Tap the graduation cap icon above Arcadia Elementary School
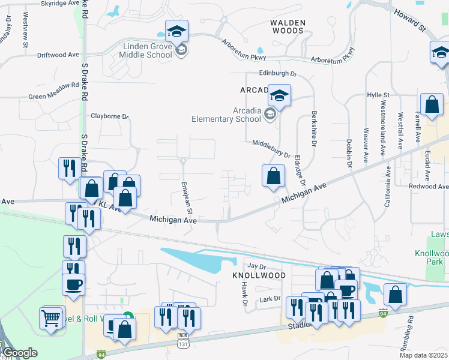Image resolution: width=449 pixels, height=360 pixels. click(x=279, y=95)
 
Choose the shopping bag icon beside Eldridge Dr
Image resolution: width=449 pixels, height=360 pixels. click(x=273, y=176)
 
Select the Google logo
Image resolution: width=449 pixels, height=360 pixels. click(x=20, y=353)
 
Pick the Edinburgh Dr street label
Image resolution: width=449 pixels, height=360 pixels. click(x=278, y=73)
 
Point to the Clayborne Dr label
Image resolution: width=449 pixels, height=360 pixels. click(x=109, y=116)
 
